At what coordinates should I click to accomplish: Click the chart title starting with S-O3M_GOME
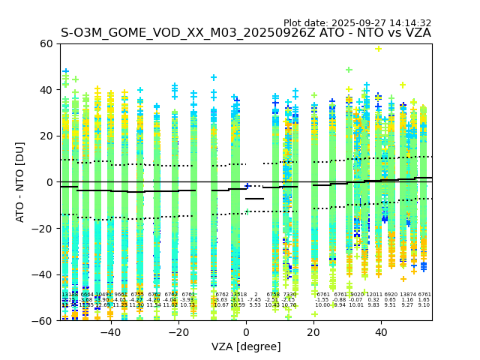click(245, 33)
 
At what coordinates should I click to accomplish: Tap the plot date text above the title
click(357, 23)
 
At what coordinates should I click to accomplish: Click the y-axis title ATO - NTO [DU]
click(20, 181)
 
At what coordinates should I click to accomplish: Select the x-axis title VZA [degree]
click(246, 346)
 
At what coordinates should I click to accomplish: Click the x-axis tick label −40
click(110, 332)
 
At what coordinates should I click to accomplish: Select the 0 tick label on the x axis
click(246, 332)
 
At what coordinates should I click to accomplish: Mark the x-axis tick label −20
click(178, 332)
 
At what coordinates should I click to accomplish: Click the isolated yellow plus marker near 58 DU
click(378, 49)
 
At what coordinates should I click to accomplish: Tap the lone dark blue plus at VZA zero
click(247, 186)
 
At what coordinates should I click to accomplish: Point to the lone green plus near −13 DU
click(247, 212)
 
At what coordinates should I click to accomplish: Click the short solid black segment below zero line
click(254, 199)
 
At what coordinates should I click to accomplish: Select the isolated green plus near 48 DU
click(349, 70)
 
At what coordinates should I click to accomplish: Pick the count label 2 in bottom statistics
click(256, 295)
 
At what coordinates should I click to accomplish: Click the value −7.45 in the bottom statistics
click(256, 300)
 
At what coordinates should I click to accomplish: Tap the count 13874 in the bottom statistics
click(407, 295)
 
